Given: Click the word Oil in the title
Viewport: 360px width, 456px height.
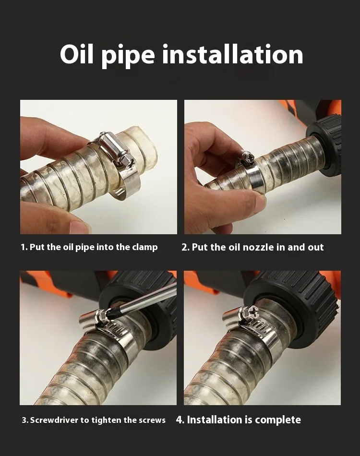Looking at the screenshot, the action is (x=77, y=54).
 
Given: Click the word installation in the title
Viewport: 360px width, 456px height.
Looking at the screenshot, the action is (x=233, y=54).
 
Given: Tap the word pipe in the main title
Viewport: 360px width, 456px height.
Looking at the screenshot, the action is (x=128, y=56).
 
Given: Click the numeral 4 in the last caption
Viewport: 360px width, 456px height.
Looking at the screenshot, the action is (x=180, y=420).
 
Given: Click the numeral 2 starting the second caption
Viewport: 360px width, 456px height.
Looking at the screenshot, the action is (x=184, y=247).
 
